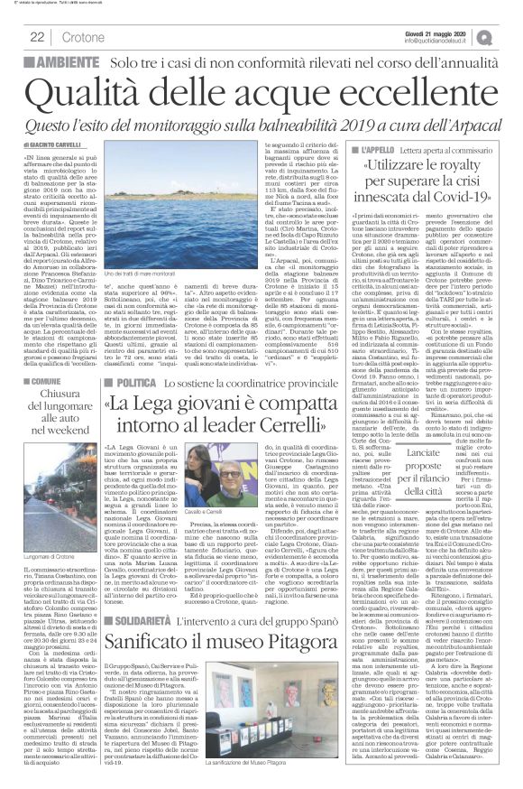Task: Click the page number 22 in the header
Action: pyautogui.click(x=37, y=35)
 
